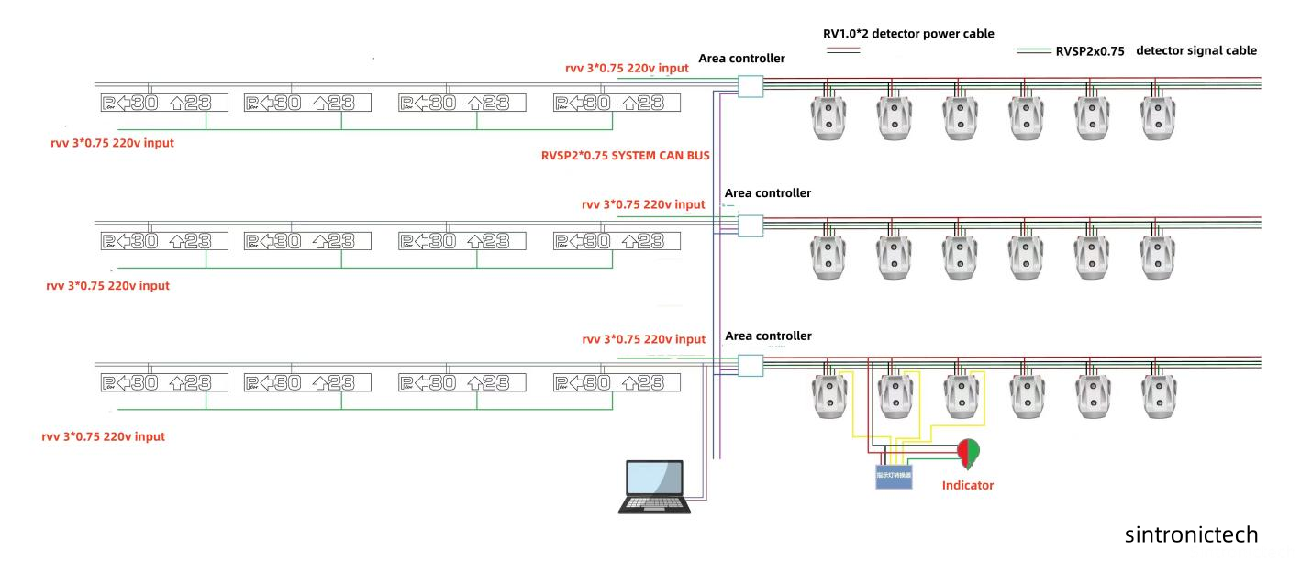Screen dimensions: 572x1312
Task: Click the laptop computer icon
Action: tap(654, 487)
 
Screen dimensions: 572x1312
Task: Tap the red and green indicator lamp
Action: tap(967, 452)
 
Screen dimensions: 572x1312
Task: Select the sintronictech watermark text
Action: tap(1191, 534)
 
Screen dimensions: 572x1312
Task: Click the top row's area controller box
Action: tap(751, 86)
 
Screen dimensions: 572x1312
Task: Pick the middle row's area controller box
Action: tap(751, 225)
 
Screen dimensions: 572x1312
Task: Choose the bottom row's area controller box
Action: tap(751, 365)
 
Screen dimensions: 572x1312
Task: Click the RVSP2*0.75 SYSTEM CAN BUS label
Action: tap(625, 156)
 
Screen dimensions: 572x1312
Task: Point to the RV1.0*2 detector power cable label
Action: tap(908, 34)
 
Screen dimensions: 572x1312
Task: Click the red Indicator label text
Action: tap(967, 485)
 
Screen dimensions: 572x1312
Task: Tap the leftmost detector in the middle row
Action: tap(828, 256)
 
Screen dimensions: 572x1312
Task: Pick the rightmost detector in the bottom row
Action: tap(1158, 395)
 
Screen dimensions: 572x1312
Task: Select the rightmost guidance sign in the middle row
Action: tap(617, 241)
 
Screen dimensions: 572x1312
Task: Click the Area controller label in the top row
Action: tap(741, 59)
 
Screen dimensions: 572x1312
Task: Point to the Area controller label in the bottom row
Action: tap(768, 336)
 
